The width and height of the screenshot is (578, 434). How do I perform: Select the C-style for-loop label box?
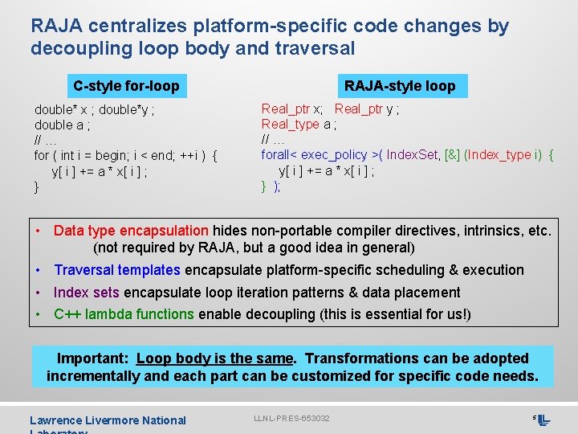pos(126,85)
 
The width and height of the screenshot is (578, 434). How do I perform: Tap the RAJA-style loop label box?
pos(399,85)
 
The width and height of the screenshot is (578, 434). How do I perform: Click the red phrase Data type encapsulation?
pos(131,231)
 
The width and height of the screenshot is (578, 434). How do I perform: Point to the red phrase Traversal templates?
pos(117,270)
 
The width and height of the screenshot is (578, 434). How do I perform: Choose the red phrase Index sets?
pos(87,293)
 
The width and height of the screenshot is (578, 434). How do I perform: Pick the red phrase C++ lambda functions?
pos(124,314)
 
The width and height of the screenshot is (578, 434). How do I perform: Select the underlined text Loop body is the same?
pos(214,358)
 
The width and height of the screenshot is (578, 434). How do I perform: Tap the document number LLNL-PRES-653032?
pos(292,419)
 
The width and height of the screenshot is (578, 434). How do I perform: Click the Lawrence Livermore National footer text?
pos(108,420)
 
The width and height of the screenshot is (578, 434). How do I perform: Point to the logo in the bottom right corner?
pos(543,420)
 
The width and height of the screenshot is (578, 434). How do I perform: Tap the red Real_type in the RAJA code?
pos(290,124)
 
